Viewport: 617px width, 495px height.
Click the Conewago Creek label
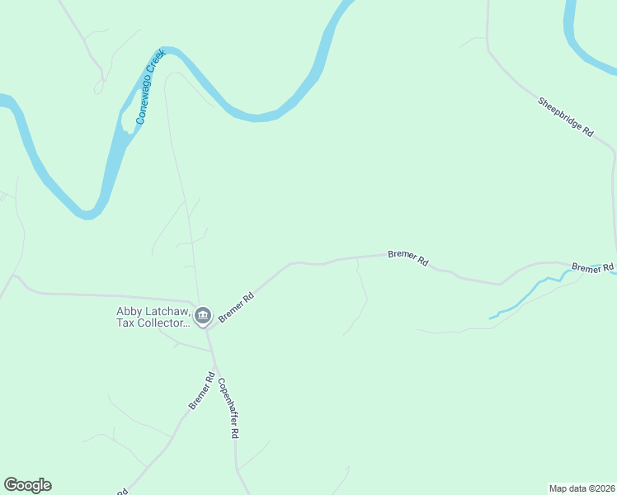point(151,87)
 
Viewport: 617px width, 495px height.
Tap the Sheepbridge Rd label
point(566,117)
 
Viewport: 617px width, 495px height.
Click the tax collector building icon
point(203,315)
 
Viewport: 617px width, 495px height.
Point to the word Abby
point(130,311)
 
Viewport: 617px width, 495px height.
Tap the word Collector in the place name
point(162,323)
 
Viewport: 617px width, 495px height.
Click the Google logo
point(27,485)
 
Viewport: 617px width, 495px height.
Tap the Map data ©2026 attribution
point(582,488)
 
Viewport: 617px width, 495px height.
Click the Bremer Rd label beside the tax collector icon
point(236,305)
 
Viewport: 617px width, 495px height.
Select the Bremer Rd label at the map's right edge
point(593,268)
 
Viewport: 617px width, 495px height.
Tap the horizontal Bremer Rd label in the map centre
point(408,258)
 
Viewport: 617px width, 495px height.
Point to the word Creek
point(156,73)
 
